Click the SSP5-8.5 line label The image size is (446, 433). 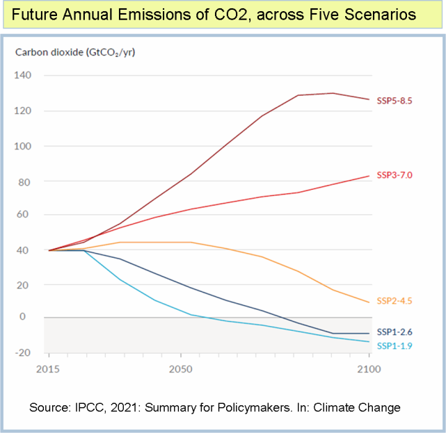pos(395,100)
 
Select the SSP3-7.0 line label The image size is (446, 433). pos(395,175)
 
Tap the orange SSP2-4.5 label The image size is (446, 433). pos(395,301)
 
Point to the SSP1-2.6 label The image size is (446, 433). pos(395,332)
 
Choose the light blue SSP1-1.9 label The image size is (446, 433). pos(395,345)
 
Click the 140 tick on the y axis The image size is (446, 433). pos(24,75)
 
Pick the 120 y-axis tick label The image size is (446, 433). pos(24,111)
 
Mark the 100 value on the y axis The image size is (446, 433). pos(24,147)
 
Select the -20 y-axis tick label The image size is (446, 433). pos(24,353)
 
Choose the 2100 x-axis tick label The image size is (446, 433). pos(368,369)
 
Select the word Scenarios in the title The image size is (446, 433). pos(381,15)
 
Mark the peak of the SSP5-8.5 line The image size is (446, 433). pos(333,93)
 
